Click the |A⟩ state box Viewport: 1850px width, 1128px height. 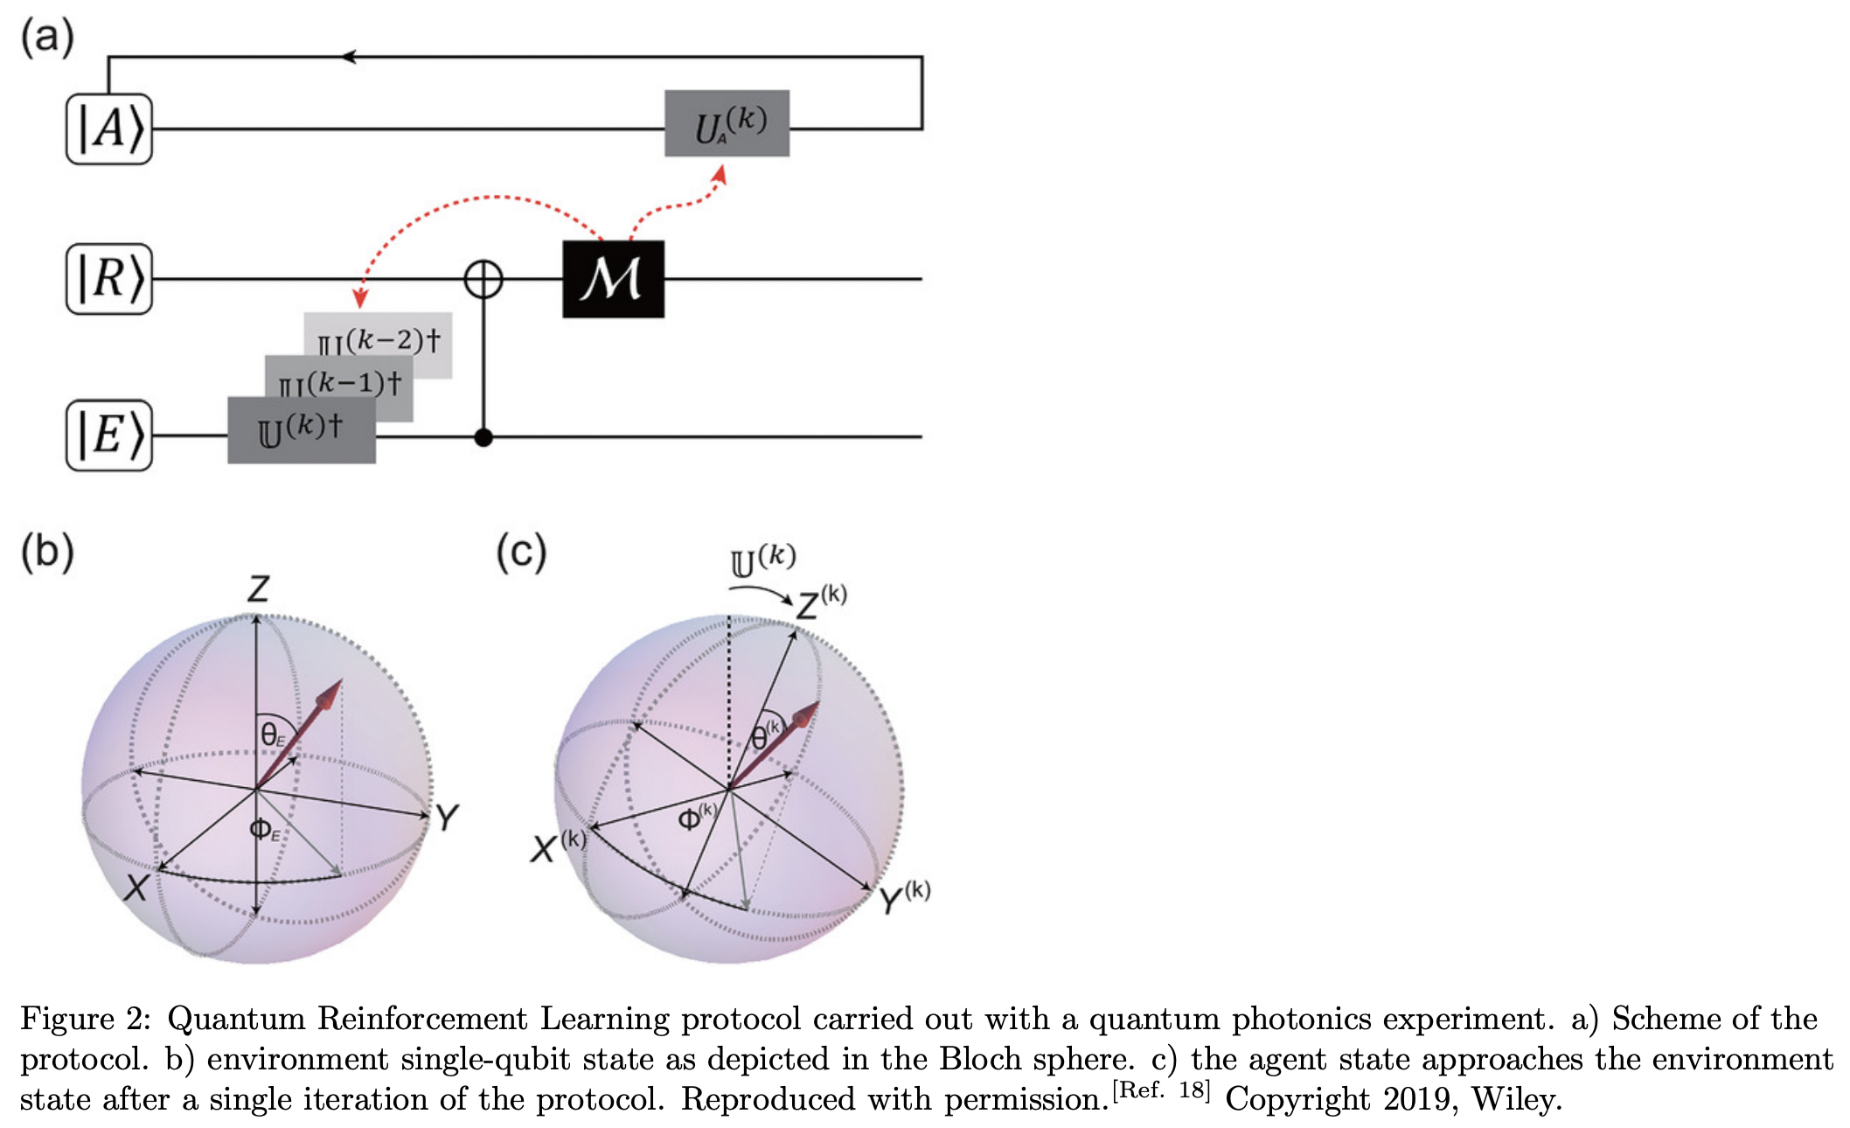click(x=109, y=129)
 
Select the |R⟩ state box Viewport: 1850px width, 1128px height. click(x=109, y=279)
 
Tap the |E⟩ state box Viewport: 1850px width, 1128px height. click(x=109, y=435)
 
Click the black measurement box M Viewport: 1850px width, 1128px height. click(x=613, y=279)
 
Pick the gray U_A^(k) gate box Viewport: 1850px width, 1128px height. click(x=727, y=123)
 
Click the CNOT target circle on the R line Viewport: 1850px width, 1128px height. click(x=483, y=280)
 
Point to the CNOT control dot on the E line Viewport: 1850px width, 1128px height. click(x=483, y=436)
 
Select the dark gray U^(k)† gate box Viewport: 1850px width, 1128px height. click(x=302, y=430)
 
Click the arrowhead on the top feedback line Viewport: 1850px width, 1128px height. click(x=348, y=57)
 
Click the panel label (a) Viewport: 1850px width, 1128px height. click(x=47, y=38)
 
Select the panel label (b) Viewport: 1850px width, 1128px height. click(x=47, y=552)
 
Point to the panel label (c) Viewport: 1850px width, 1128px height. click(x=521, y=552)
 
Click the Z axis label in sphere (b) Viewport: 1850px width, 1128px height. click(x=258, y=589)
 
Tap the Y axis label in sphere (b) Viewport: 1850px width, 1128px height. click(x=447, y=818)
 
